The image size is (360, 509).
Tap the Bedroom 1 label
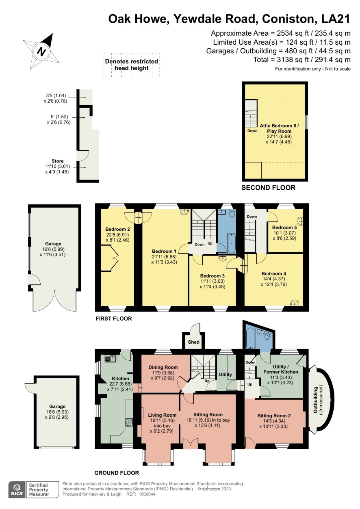coord(164,251)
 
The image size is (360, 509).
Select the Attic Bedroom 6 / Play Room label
coord(279,128)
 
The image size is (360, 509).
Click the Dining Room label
coord(163,367)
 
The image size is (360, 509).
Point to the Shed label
coord(194,342)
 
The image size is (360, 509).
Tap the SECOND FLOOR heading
coord(269,188)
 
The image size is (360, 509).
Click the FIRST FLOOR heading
coord(114,318)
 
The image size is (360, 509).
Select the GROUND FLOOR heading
coord(117,473)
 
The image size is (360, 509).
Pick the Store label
coord(58,161)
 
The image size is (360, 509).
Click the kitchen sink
coord(111,358)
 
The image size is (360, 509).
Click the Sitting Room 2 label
coord(274,416)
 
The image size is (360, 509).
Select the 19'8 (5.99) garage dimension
coord(52,249)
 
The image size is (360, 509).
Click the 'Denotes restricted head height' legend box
coord(132,65)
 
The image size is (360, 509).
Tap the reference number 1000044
coord(147,494)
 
